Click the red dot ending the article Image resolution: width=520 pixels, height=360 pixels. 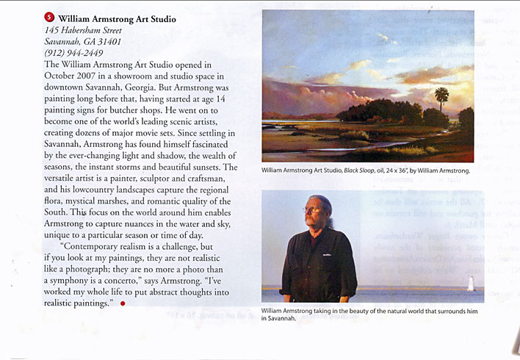123,303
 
